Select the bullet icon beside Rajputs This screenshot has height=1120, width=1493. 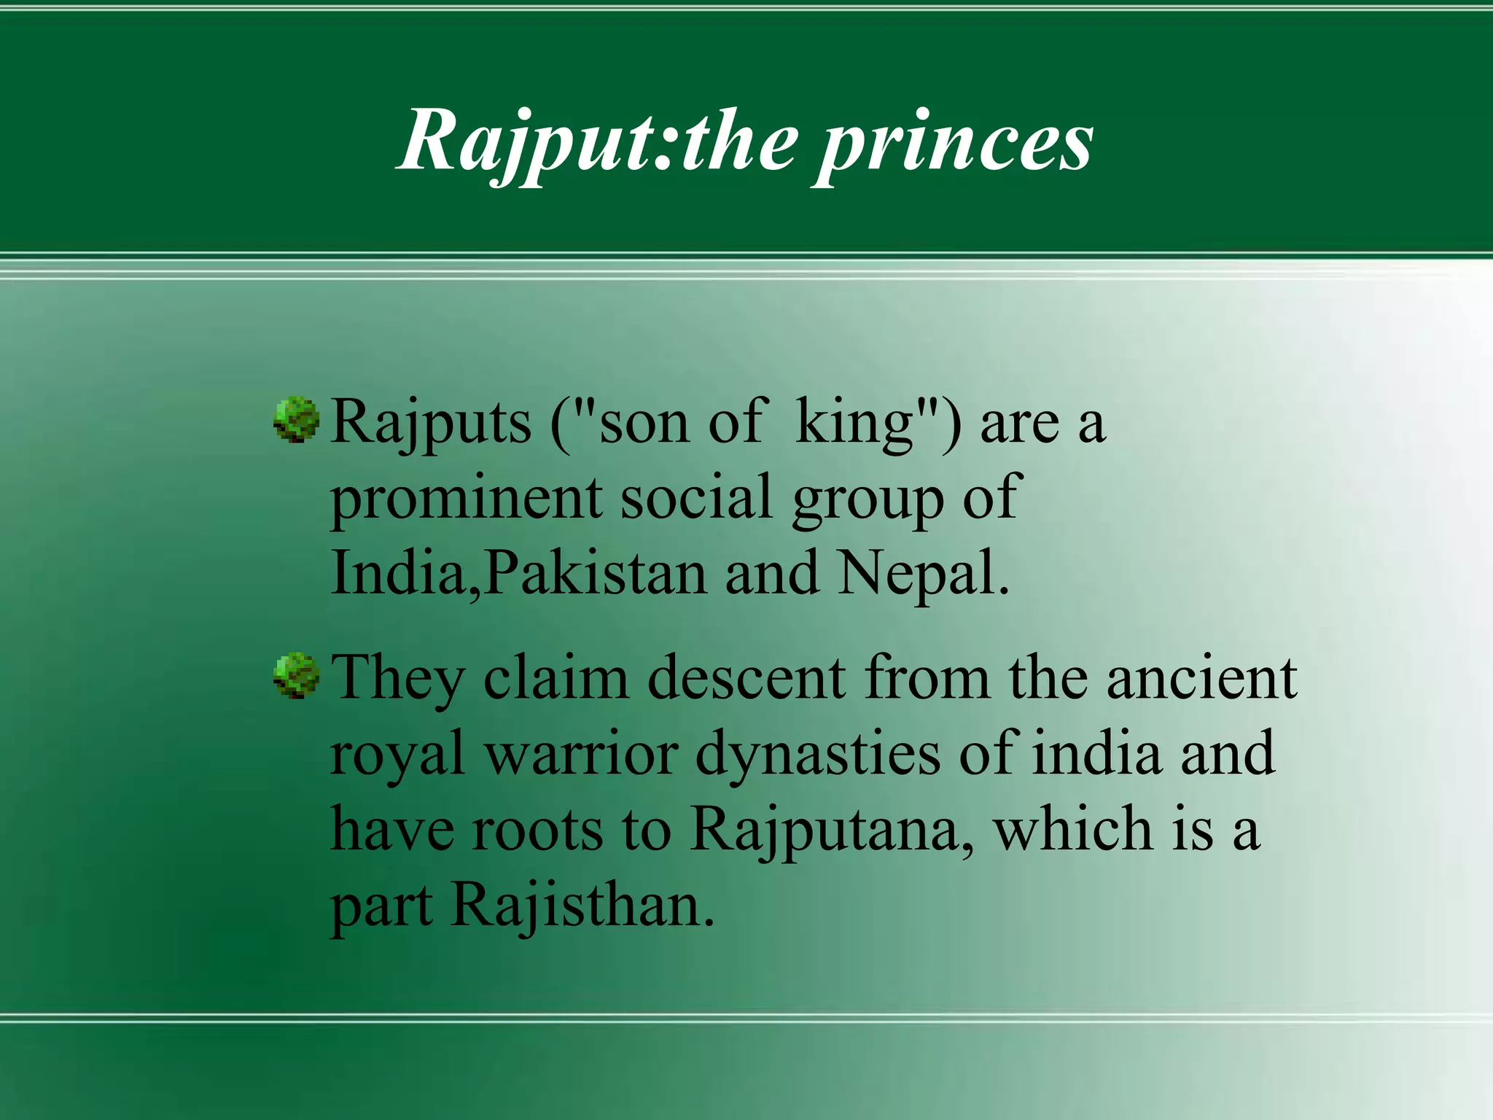click(x=297, y=420)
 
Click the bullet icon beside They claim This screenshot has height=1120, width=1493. click(x=297, y=675)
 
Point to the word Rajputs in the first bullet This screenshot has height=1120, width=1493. click(x=431, y=423)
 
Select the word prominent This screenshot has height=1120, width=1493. click(x=466, y=499)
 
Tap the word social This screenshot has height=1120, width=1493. click(x=696, y=497)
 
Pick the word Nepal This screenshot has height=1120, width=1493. click(x=922, y=573)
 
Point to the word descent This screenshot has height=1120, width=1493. click(x=746, y=678)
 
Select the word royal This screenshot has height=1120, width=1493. click(x=397, y=754)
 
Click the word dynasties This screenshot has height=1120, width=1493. click(x=817, y=754)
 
